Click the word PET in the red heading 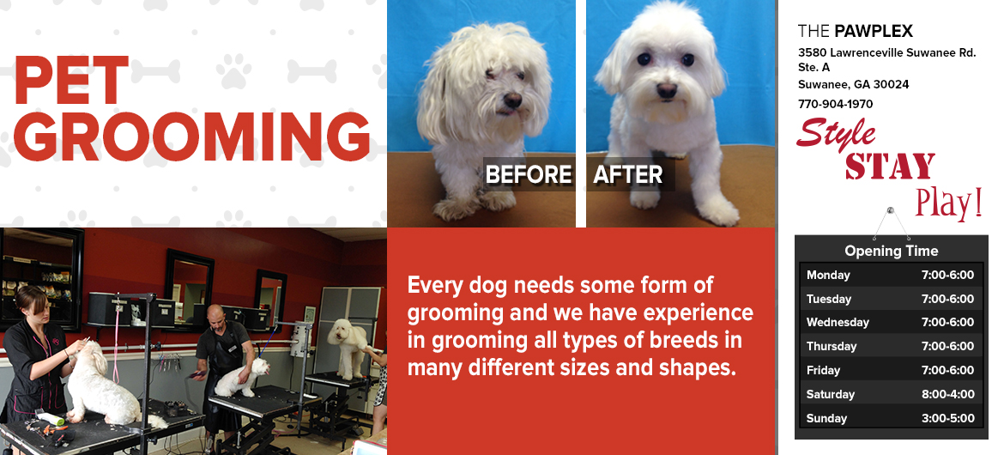coord(72,81)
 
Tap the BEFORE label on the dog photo coord(529,174)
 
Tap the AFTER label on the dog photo coord(628,174)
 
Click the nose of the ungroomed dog coord(512,100)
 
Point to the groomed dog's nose coord(667,90)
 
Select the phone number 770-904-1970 coord(835,104)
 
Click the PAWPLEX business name coord(874,31)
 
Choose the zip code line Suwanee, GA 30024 coord(854,85)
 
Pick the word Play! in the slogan coord(949,203)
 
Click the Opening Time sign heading coord(892,251)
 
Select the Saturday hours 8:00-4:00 coord(947,394)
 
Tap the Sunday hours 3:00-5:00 coord(947,418)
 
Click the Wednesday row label coord(838,322)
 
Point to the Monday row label coord(828,276)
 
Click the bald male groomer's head coord(215,315)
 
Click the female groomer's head coord(32,302)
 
